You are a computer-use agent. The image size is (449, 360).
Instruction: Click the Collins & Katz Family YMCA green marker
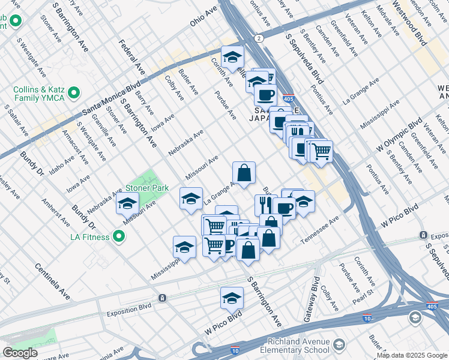[x=74, y=93]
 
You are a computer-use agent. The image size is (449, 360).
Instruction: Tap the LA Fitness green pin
[x=119, y=236]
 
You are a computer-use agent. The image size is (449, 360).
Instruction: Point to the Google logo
[x=20, y=353]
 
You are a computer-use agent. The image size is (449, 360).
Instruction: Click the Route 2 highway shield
[x=258, y=38]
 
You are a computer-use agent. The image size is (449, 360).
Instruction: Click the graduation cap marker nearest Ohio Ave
[x=232, y=58]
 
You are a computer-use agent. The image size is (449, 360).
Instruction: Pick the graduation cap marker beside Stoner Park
[x=127, y=205]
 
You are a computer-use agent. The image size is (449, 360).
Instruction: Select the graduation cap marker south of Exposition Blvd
[x=232, y=298]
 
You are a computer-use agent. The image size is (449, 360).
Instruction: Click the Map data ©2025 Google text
[x=412, y=355]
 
